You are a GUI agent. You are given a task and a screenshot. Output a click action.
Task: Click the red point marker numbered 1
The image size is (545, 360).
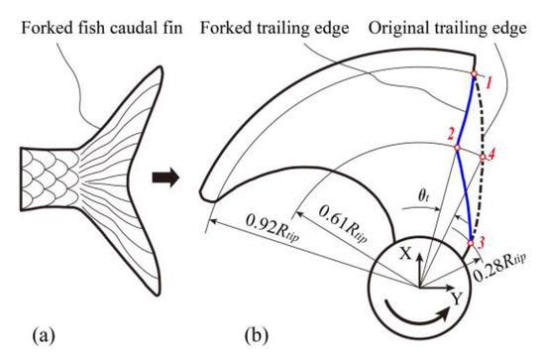click(x=474, y=73)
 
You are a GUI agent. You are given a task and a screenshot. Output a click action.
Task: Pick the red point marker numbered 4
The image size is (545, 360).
click(x=483, y=156)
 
